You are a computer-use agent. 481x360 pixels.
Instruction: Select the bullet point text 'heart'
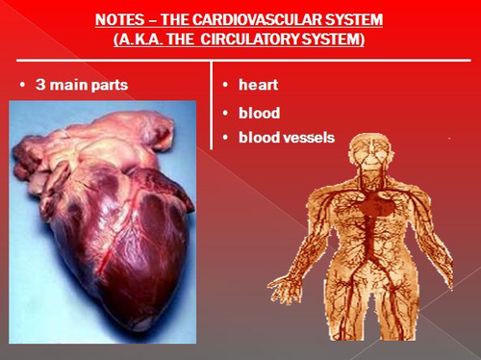pos(258,85)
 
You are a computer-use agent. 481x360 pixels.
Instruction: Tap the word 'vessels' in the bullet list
pos(309,138)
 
